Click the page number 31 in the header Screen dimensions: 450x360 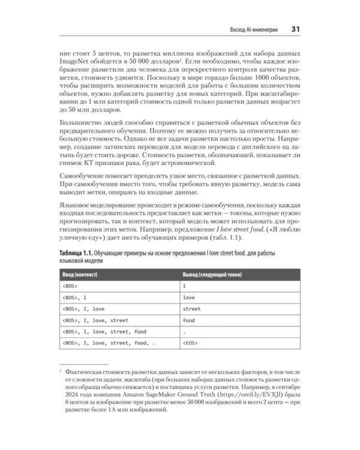coord(296,29)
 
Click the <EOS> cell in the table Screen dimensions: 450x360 coord(190,344)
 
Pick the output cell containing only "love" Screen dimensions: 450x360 coord(188,298)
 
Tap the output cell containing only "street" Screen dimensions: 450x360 coord(191,309)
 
